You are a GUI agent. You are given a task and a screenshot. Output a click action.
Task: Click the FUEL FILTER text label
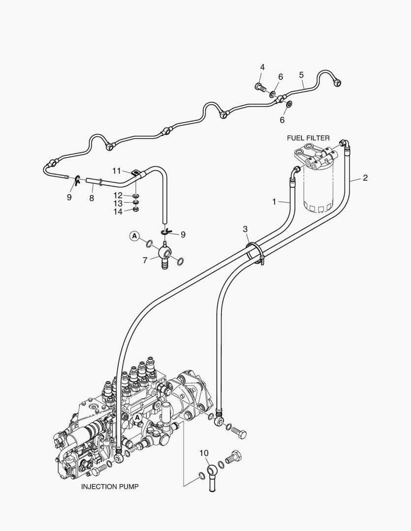pyautogui.click(x=308, y=138)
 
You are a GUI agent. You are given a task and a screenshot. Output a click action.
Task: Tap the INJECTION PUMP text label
pyautogui.click(x=109, y=487)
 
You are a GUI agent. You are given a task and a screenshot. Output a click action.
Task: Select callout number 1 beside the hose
pyautogui.click(x=274, y=202)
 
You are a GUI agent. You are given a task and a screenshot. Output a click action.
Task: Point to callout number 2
pyautogui.click(x=365, y=177)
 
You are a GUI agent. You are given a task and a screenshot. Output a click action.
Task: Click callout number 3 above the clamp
pyautogui.click(x=245, y=229)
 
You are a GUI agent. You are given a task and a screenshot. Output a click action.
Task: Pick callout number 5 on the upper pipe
pyautogui.click(x=301, y=75)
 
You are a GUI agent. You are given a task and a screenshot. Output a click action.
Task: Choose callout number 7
pyautogui.click(x=145, y=260)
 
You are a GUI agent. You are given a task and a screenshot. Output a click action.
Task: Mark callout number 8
pyautogui.click(x=92, y=198)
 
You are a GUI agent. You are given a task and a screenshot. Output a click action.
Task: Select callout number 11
pyautogui.click(x=117, y=171)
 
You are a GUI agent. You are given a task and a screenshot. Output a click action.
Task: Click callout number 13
pyautogui.click(x=118, y=203)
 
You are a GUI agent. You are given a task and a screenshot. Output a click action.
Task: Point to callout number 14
pyautogui.click(x=118, y=211)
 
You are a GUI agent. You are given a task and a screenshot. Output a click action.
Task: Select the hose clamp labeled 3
pyautogui.click(x=254, y=252)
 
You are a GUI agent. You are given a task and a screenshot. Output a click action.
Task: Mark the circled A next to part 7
pyautogui.click(x=134, y=236)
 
